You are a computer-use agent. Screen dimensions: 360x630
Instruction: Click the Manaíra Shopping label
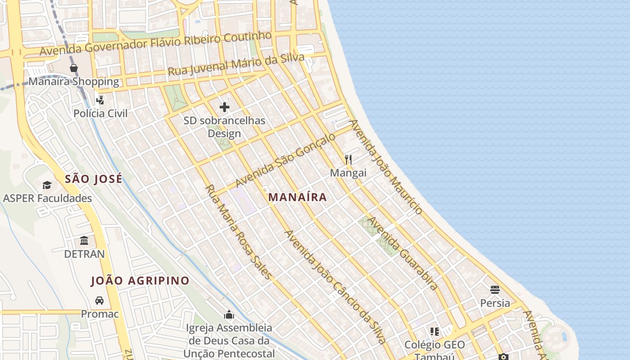click(x=74, y=81)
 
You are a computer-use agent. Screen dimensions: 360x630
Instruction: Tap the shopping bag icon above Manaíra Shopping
click(x=74, y=68)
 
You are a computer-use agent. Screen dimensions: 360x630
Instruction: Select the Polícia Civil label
click(x=100, y=113)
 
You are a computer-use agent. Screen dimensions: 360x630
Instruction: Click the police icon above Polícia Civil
click(x=100, y=99)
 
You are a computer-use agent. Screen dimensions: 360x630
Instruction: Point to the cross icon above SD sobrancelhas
click(x=224, y=107)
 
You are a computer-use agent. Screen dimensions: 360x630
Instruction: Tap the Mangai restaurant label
click(x=348, y=173)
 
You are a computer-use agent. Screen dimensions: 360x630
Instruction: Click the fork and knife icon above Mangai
click(x=348, y=159)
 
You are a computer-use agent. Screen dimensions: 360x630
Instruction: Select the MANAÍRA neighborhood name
click(x=297, y=197)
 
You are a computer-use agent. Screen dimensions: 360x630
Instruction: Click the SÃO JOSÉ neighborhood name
click(x=94, y=179)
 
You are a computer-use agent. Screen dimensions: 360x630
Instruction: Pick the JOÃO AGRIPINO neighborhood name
click(x=140, y=281)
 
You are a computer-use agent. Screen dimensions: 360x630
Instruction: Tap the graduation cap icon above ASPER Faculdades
click(x=47, y=185)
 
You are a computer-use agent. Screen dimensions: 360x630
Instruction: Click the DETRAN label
click(x=84, y=254)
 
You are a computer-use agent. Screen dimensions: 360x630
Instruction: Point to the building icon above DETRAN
click(x=84, y=240)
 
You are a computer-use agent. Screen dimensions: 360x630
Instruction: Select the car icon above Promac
click(x=99, y=300)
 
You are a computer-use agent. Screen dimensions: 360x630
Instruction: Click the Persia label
click(x=495, y=303)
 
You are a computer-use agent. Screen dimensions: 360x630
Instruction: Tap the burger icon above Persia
click(x=495, y=289)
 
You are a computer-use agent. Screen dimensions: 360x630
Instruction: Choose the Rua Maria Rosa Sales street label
click(x=238, y=232)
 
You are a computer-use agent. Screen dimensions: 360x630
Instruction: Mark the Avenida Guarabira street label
click(x=403, y=253)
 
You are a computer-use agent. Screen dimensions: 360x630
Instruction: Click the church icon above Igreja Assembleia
click(x=229, y=314)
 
